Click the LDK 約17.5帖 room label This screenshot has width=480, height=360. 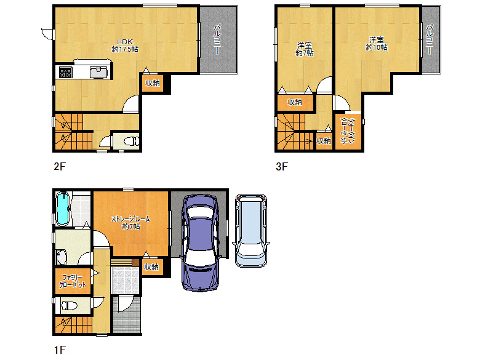(124, 46)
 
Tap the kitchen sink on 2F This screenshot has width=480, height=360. (98, 72)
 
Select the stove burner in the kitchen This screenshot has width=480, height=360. (65, 72)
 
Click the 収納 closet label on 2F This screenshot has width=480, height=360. (153, 82)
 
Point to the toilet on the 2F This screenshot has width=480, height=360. (132, 141)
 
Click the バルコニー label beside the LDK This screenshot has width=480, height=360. (217, 39)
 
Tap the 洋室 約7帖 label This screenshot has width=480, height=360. (304, 49)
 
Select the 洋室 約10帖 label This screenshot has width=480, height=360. (377, 44)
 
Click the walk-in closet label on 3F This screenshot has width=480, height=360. (348, 131)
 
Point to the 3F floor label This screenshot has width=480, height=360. (282, 167)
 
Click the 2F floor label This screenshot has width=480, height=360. (60, 167)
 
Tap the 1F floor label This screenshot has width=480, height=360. (60, 350)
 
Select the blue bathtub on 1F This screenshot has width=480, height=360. (63, 209)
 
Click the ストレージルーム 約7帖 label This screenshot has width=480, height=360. (130, 223)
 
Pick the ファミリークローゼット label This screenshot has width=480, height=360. (73, 281)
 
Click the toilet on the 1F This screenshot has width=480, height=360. (70, 305)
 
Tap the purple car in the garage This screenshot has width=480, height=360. (201, 242)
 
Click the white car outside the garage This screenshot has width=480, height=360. (251, 231)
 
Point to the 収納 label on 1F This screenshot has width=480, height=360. (151, 266)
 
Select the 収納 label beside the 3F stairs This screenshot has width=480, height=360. (324, 140)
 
